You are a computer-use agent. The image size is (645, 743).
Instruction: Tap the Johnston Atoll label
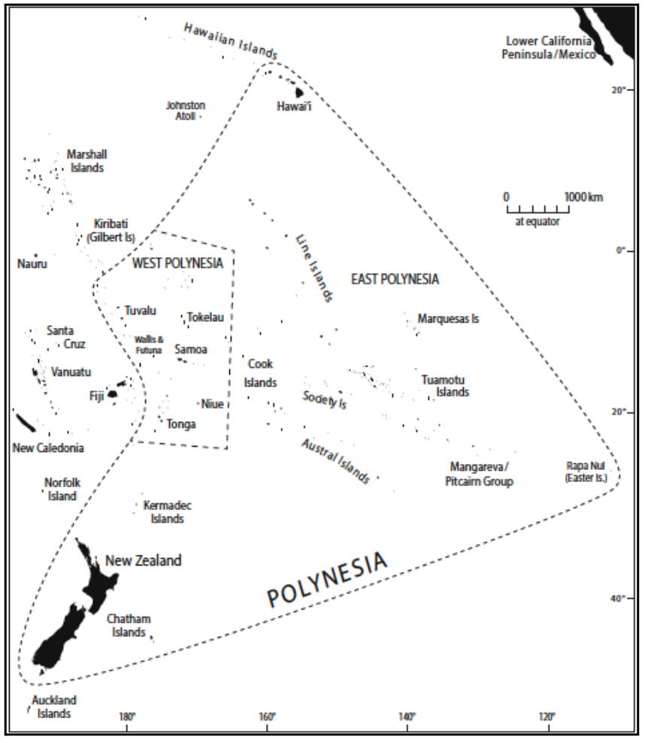[186, 111]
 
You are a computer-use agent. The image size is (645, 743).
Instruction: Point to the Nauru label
[32, 264]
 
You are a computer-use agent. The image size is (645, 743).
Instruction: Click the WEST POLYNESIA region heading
[177, 262]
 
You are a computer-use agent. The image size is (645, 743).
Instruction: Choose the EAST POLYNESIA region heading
[395, 280]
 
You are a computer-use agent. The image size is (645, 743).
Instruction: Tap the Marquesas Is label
[448, 319]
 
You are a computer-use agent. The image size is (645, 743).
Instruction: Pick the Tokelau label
[205, 317]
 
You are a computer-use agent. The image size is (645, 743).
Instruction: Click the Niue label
[213, 404]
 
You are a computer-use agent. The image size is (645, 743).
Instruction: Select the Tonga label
[181, 424]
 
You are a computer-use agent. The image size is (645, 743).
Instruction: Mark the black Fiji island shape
[113, 393]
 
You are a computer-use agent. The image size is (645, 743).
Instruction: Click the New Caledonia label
[48, 448]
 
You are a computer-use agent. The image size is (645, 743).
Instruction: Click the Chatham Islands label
[129, 626]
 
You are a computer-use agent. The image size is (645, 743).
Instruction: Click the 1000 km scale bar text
[584, 197]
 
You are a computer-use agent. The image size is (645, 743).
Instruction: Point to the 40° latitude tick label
[618, 599]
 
